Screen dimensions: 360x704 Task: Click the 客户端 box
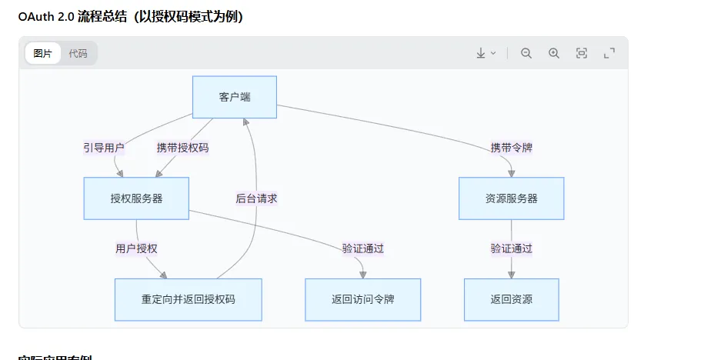coord(234,97)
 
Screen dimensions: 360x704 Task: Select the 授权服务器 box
coord(136,198)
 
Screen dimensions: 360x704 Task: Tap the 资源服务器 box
coord(511,198)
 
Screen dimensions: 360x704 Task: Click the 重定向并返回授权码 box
coord(188,299)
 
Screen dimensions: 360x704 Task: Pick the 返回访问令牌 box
coord(362,299)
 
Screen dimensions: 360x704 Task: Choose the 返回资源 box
coord(511,299)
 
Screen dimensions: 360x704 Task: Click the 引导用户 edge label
coord(104,148)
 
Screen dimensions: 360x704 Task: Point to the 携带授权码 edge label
coord(182,148)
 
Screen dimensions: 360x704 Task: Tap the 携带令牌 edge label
coord(511,148)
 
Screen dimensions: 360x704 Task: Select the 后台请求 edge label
coord(256,198)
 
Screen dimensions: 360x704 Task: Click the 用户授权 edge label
coord(136,248)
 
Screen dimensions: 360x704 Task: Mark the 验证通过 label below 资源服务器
coord(511,248)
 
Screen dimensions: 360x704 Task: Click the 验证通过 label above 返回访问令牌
coord(362,248)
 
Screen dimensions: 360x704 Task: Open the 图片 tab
coord(43,54)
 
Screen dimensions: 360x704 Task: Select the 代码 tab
coord(78,54)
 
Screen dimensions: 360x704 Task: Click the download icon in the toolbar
coord(481,53)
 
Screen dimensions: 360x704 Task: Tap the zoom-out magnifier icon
coord(526,53)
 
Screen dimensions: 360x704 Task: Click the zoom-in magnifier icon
coord(554,53)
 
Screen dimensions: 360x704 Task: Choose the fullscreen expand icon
coord(609,53)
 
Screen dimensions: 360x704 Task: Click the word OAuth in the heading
coord(35,17)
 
